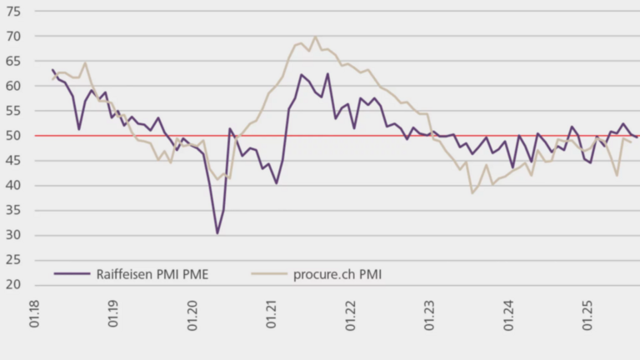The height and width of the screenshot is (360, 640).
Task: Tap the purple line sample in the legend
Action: pyautogui.click(x=72, y=272)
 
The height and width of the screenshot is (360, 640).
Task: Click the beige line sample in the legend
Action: pyautogui.click(x=268, y=272)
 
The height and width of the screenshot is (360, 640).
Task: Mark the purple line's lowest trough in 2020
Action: pyautogui.click(x=217, y=233)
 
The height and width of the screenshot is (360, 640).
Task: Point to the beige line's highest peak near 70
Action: pyautogui.click(x=315, y=37)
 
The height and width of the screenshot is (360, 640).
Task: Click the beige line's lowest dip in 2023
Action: pyautogui.click(x=472, y=193)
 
